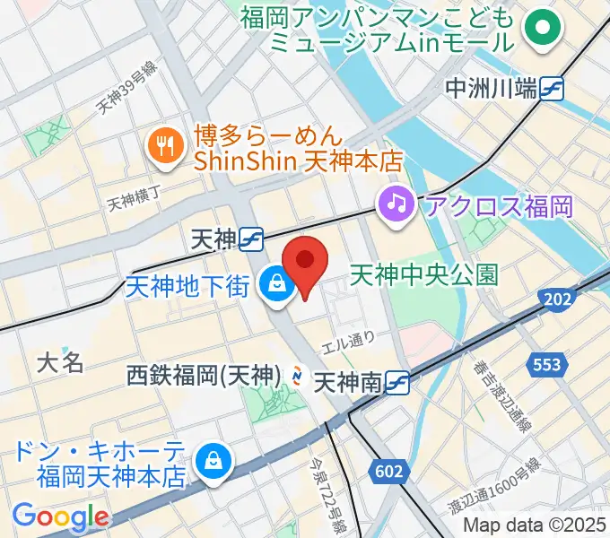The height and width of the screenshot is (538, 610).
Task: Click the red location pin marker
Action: point(305,262)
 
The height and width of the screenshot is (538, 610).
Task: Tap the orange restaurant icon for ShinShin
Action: point(163,145)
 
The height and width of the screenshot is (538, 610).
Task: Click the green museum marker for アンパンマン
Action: point(542,28)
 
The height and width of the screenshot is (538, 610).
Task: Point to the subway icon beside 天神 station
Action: point(251,239)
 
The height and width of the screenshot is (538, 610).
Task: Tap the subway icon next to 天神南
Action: point(399,384)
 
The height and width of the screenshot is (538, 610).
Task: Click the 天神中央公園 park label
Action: point(423,273)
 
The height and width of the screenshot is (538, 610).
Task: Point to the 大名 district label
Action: point(60,362)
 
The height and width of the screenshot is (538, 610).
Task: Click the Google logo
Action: point(60,516)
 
